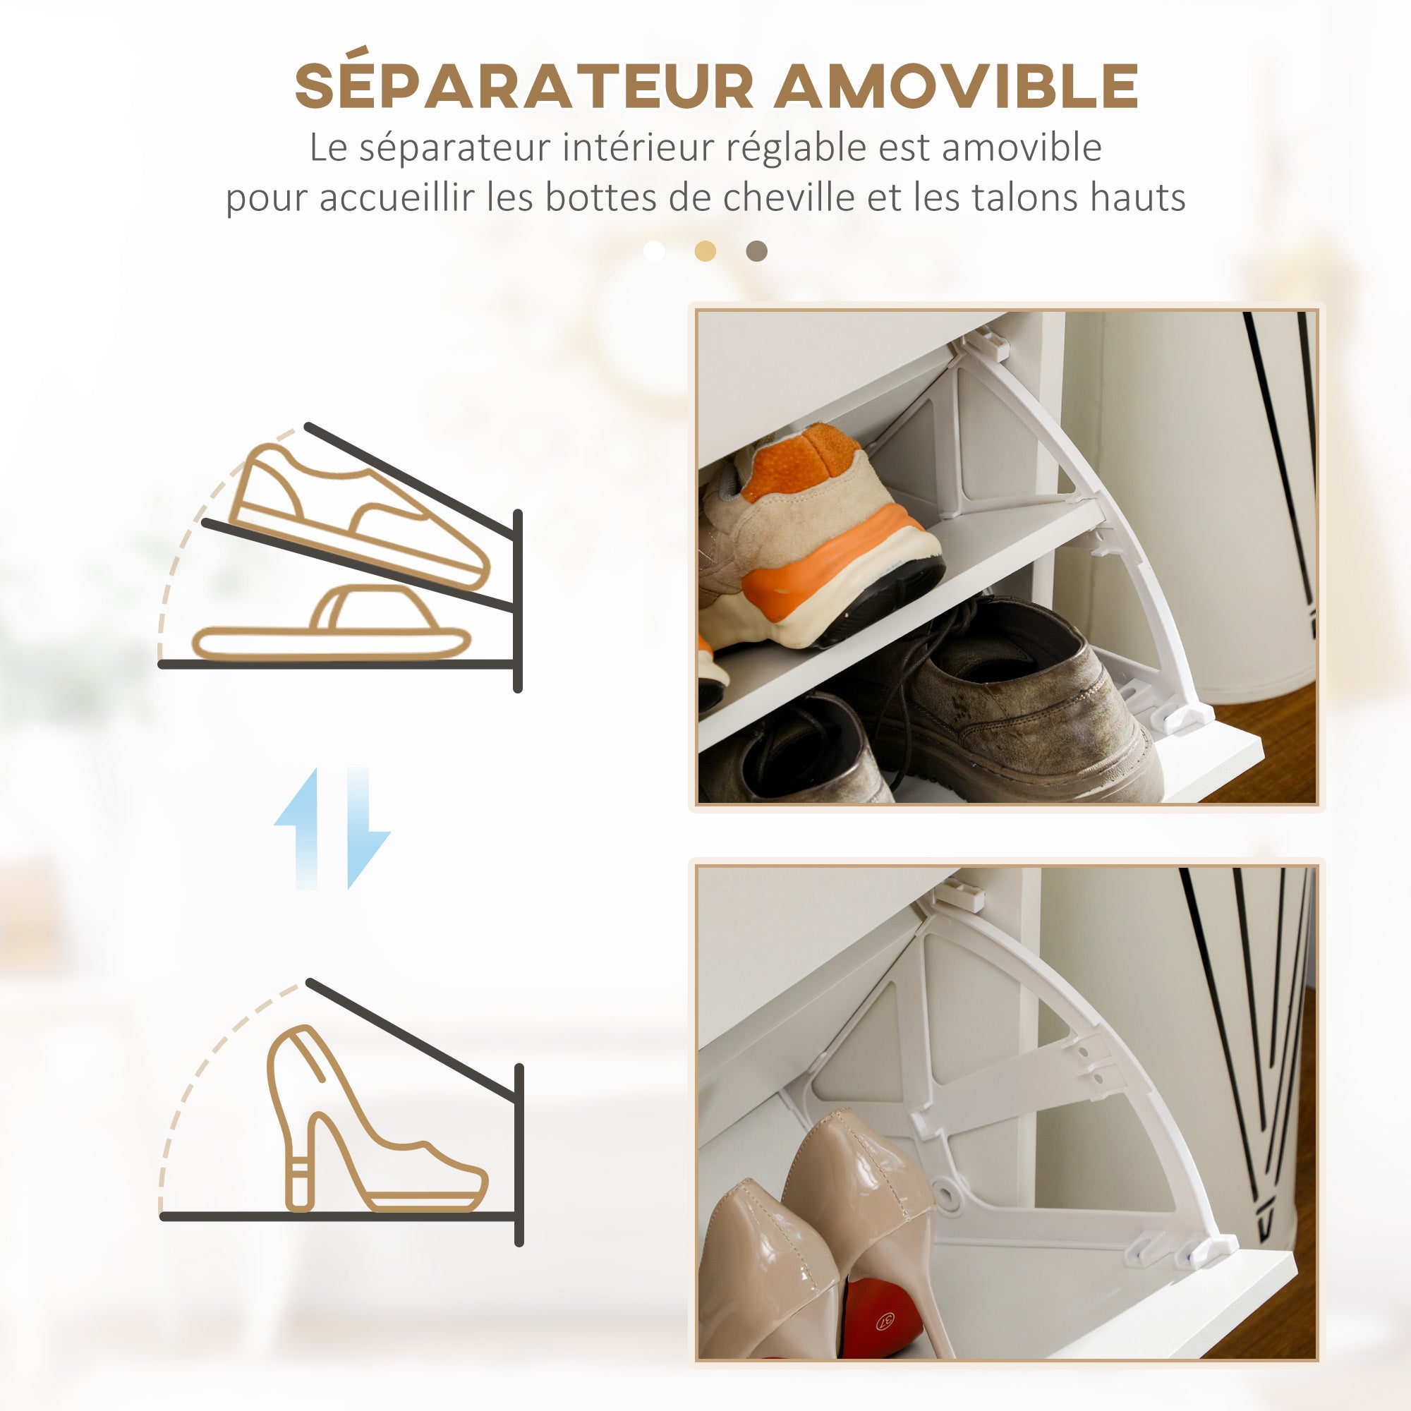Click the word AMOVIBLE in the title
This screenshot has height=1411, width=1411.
pyautogui.click(x=956, y=86)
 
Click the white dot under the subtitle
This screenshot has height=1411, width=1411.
pyautogui.click(x=654, y=251)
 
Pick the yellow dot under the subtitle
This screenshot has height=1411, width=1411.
pyautogui.click(x=705, y=251)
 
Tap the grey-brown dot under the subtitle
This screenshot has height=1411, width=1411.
pyautogui.click(x=756, y=251)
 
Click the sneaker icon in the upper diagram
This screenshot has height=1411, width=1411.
pyautogui.click(x=358, y=515)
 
